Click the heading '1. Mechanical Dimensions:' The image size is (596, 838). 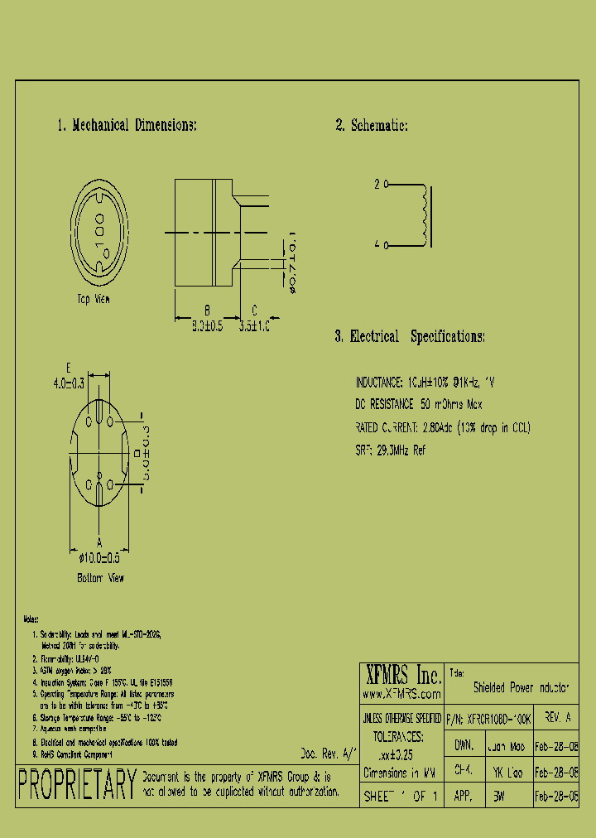pos(127,126)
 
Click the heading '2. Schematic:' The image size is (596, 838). pos(371,126)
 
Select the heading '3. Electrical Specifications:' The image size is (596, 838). pos(409,337)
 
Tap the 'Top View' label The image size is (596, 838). pos(94,299)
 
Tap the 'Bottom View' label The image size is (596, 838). pos(100,578)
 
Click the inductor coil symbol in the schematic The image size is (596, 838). pos(426,215)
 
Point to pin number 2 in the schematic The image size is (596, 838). pos(377,185)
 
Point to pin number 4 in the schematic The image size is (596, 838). pos(377,245)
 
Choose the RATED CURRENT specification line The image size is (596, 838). pos(443,428)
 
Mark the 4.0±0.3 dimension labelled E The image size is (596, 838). pos(68,383)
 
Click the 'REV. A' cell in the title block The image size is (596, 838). pos(560,720)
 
